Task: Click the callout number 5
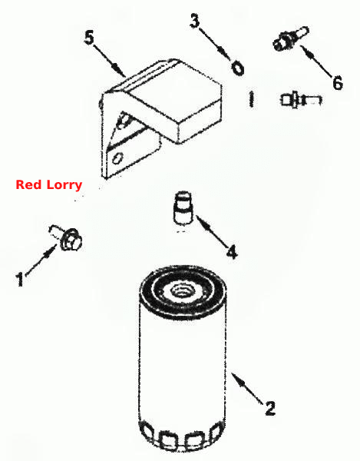(89, 38)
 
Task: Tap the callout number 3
(194, 22)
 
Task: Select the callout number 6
(338, 83)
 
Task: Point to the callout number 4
(232, 252)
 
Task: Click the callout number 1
(19, 279)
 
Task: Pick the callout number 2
(270, 409)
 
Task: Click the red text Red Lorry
(49, 185)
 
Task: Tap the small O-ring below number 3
(237, 68)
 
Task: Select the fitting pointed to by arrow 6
(291, 38)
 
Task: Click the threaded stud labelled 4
(183, 208)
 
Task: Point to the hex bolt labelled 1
(66, 237)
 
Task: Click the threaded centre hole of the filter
(179, 292)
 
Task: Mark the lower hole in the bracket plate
(117, 158)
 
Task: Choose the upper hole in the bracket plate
(123, 121)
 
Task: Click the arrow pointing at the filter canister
(246, 388)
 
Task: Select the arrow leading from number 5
(109, 61)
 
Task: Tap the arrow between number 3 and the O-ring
(215, 43)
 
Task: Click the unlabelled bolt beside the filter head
(301, 100)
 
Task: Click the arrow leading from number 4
(212, 231)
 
